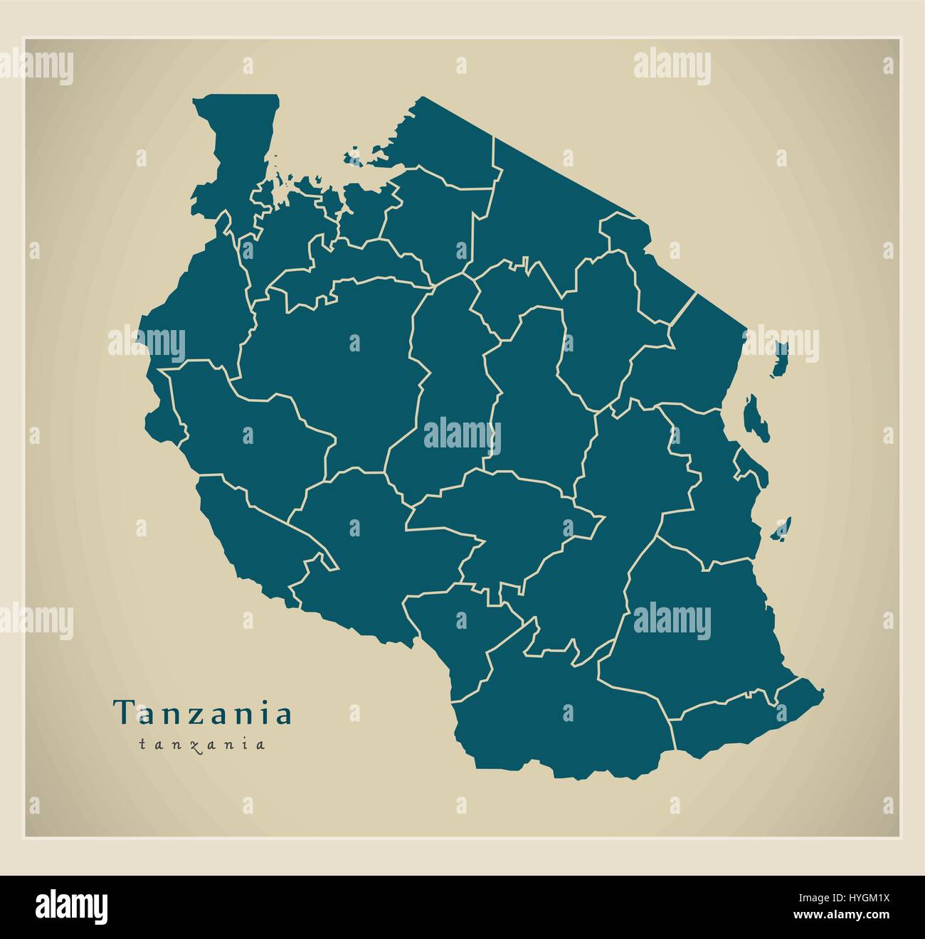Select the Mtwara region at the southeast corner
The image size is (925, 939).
(740, 718)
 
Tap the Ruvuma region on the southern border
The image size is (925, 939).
(562, 718)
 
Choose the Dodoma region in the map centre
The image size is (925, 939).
(534, 405)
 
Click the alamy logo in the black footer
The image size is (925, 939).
(72, 907)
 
